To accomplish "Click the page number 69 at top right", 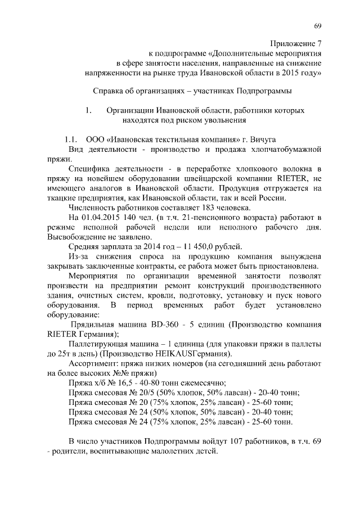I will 317,26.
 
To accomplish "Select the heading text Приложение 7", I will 296,42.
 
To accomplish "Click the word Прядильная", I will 93,325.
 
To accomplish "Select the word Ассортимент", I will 93,363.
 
